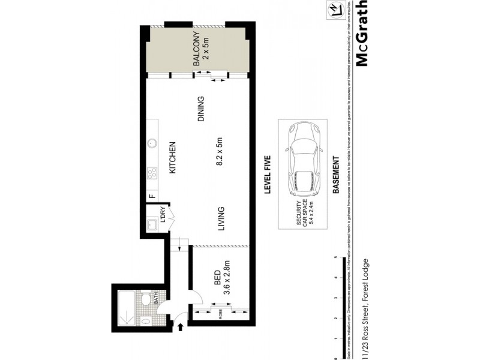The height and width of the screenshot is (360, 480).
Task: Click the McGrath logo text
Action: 362,34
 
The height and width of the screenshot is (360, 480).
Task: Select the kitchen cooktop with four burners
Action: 152,173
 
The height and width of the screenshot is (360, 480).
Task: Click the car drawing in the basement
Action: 304,159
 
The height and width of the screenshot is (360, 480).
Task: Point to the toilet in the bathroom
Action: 145,299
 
